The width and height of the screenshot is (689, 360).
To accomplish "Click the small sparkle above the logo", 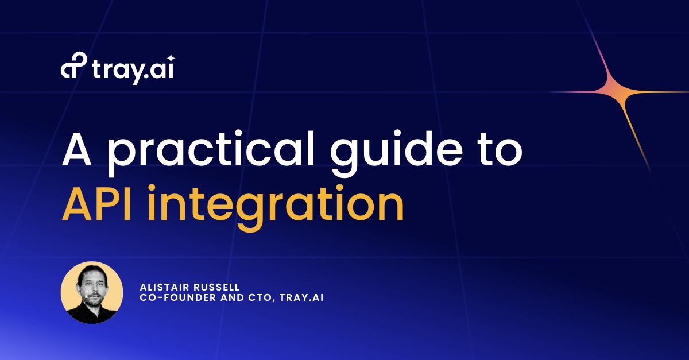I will pos(171,57).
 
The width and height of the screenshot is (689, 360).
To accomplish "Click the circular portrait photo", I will pos(92,292).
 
